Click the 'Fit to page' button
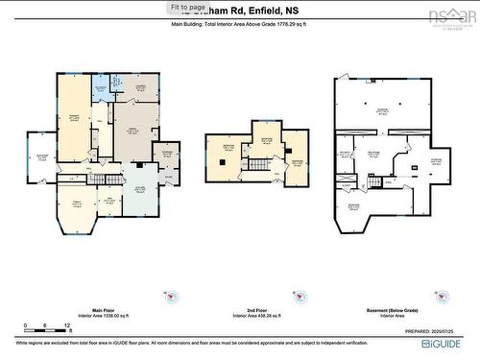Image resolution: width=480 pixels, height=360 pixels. coord(188,7)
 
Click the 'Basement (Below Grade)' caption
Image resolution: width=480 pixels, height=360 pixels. coord(389,311)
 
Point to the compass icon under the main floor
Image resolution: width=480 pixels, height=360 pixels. coord(170,300)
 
